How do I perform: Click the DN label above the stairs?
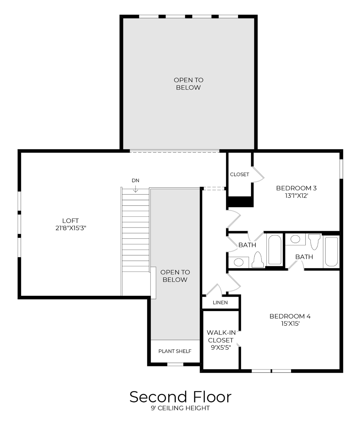pos(135,181)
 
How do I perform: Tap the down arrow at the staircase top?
pos(135,189)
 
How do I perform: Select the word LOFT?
pos(71,220)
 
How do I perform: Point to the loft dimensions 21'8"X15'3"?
pos(71,228)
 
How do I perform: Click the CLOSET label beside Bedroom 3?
pos(239,175)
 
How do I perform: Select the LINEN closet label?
pos(220,302)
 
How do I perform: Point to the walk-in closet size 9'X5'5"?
pos(221,347)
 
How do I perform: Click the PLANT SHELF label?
pos(175,351)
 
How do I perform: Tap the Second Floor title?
pos(180,397)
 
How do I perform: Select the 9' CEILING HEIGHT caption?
pos(180,408)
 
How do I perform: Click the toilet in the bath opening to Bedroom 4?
pos(314,241)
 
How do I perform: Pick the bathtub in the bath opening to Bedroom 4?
pos(331,251)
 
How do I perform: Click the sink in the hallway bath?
pos(238,262)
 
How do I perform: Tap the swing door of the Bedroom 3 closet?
pos(258,174)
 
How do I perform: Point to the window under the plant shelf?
pos(175,364)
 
